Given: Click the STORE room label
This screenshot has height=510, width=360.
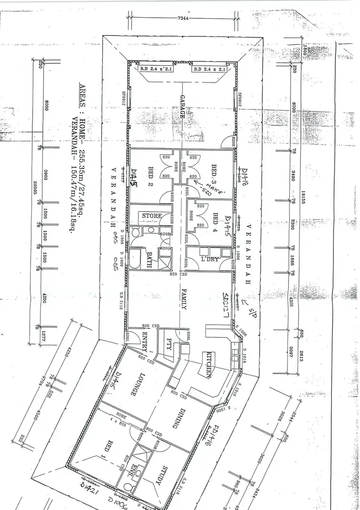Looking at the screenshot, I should tap(152, 216).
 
